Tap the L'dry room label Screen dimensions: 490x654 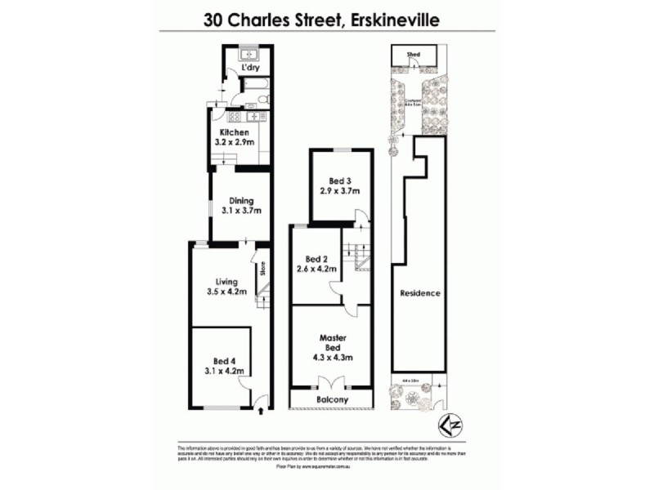[240, 68]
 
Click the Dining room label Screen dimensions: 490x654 [241, 200]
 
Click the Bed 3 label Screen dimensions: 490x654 [338, 180]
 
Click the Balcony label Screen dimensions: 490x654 [331, 399]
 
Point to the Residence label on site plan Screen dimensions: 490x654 [420, 292]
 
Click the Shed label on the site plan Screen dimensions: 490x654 [414, 55]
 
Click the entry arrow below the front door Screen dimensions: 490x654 [259, 411]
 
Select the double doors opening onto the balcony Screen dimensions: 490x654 [331, 382]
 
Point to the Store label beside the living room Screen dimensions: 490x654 [262, 269]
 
